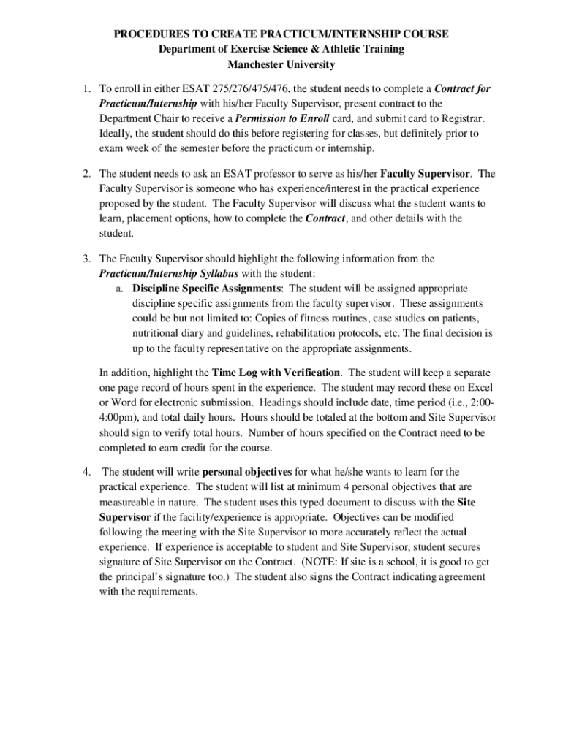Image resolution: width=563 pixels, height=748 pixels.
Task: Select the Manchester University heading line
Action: (281, 64)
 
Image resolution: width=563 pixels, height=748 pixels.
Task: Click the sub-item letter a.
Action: (119, 288)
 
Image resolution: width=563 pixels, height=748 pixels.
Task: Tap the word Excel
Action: (477, 387)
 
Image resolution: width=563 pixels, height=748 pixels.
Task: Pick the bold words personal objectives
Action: (247, 472)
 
